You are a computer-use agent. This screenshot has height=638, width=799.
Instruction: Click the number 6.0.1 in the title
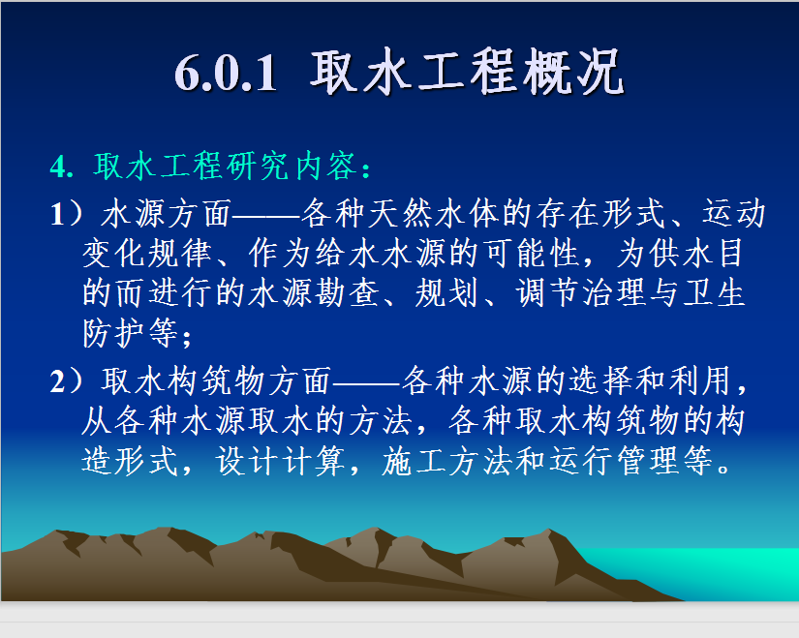tap(226, 74)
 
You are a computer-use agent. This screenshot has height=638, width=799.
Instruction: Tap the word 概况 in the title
tap(572, 72)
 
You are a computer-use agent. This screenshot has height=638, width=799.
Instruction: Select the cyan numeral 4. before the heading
tap(62, 167)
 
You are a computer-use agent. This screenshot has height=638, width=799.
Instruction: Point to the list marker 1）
tap(67, 213)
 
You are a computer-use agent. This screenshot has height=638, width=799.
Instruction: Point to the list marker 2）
tap(67, 380)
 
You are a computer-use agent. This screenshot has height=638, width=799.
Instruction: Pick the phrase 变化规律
tap(147, 253)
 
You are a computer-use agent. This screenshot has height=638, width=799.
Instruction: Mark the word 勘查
tap(347, 293)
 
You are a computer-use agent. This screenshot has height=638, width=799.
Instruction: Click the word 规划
tap(446, 293)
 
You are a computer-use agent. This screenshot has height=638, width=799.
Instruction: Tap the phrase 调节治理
tap(580, 293)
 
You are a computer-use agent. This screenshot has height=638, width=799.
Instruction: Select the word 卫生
tap(714, 293)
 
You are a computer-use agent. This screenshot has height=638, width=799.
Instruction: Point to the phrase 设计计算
tap(281, 461)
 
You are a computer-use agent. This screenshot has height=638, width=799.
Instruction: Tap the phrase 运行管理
tap(613, 461)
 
